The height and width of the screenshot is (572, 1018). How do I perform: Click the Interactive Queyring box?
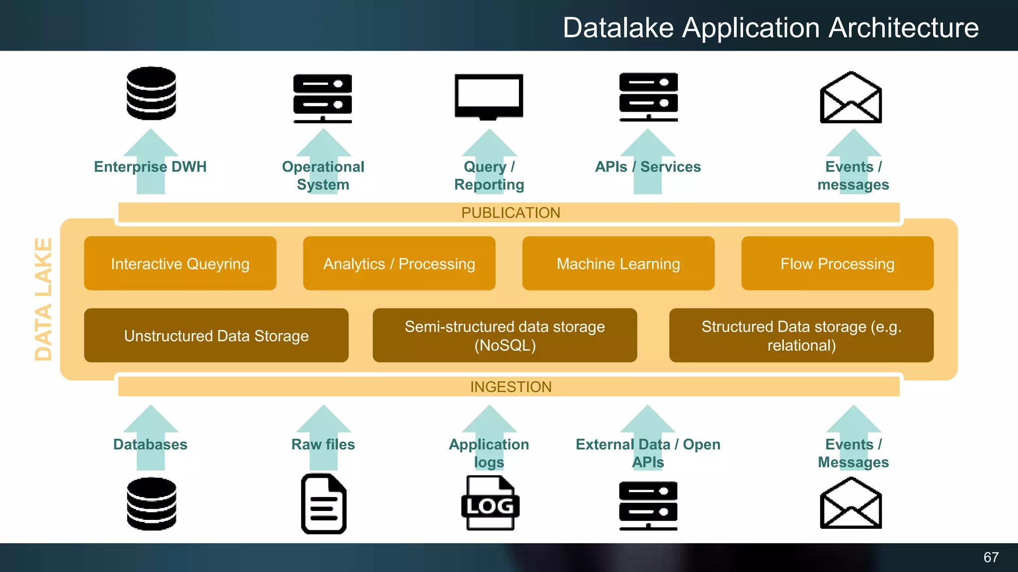point(180,263)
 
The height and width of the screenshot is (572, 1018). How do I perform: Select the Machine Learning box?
point(618,263)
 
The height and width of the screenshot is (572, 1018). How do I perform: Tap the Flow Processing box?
point(837,263)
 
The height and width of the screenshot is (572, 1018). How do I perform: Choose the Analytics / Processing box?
point(399,263)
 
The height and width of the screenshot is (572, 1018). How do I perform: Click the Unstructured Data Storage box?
point(216,336)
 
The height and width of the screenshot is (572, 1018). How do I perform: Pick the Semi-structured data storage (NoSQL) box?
point(505,336)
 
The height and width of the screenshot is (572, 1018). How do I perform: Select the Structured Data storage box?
point(801,336)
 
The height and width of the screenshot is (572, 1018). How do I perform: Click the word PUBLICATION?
point(510,213)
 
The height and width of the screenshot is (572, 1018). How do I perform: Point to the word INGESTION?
point(510,387)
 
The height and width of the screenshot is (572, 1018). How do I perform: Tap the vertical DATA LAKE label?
point(43,299)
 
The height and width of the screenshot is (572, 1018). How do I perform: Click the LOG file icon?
point(490,503)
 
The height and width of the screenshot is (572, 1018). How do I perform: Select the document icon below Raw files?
point(324,504)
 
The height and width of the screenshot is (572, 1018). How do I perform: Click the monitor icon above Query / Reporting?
point(489,96)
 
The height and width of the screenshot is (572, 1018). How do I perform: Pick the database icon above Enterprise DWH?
point(151,93)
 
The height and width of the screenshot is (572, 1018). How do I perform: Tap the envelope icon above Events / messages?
point(850,98)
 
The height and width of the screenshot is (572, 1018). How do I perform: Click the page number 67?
point(991,557)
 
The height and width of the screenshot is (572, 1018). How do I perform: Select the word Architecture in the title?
point(903,27)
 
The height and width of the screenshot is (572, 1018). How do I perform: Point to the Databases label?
point(150,444)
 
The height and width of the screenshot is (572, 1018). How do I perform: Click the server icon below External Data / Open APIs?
point(648,505)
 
